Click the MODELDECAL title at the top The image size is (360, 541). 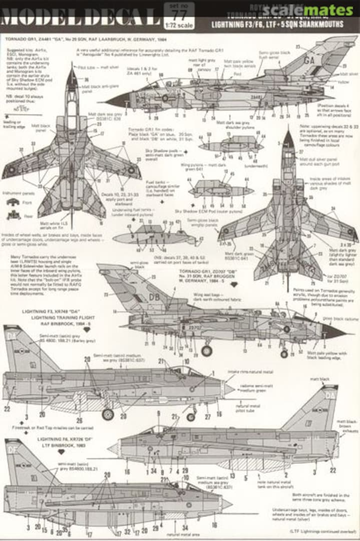tap(80, 15)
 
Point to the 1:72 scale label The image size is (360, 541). tap(172, 26)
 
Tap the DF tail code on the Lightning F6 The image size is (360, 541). tap(13, 449)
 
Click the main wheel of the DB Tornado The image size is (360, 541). tap(206, 351)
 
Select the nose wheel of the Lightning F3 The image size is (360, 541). tap(191, 416)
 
